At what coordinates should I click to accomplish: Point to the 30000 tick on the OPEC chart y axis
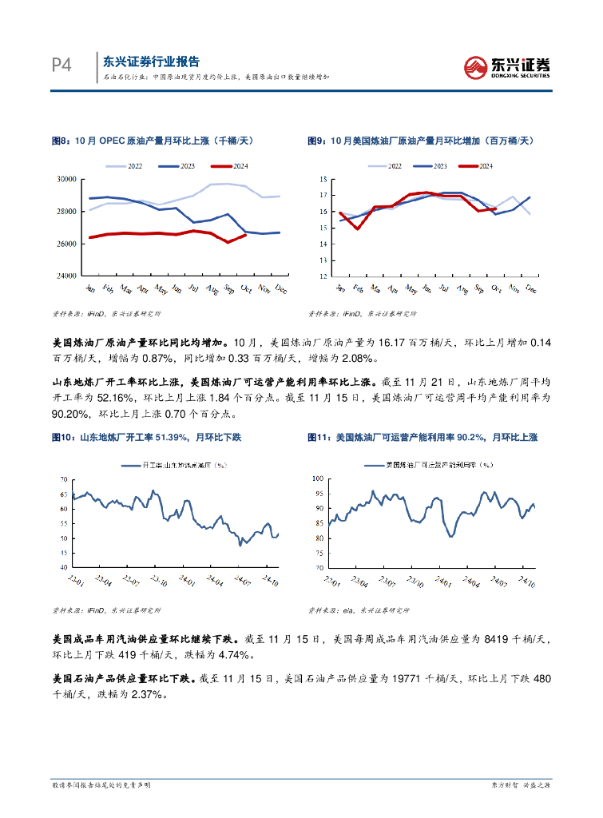(65, 180)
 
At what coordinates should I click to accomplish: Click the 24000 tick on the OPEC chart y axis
(65, 276)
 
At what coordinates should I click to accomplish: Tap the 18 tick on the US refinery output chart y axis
(324, 179)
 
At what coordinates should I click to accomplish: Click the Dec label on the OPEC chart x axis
(279, 289)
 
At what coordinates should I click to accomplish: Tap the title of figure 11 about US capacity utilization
(422, 438)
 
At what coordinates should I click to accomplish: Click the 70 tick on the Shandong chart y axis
(64, 478)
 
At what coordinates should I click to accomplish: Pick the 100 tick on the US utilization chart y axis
(316, 478)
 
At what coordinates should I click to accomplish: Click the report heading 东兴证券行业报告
(152, 62)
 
